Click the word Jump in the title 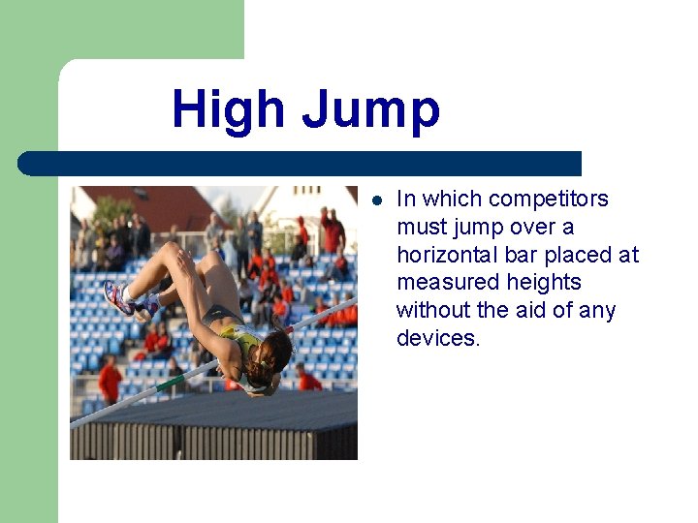(x=370, y=110)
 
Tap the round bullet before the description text (x=377, y=200)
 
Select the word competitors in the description (x=549, y=199)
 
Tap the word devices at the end (x=438, y=338)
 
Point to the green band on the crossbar (x=172, y=384)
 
